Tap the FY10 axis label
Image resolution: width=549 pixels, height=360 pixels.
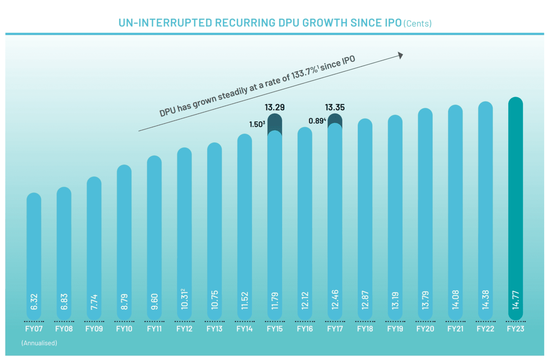[x=124, y=329]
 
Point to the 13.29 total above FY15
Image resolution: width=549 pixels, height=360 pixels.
[x=275, y=107]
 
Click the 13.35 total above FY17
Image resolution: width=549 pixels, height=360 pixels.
[x=335, y=107]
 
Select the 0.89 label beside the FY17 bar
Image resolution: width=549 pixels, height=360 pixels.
[x=317, y=121]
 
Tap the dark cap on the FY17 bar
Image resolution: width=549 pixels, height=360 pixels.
[x=335, y=119]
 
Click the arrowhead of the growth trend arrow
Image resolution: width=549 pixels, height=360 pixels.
[x=400, y=55]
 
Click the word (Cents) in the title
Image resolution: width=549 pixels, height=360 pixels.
[x=417, y=24]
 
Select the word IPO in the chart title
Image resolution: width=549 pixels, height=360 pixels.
[x=393, y=23]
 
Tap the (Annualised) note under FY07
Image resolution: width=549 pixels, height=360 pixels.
[x=39, y=343]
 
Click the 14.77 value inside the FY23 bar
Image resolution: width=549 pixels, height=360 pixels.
[x=516, y=300]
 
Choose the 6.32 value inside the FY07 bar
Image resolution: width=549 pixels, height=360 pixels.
[x=34, y=302]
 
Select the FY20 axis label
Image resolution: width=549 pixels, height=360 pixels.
[x=425, y=329]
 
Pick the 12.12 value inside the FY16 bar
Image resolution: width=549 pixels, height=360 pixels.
[x=305, y=300]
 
